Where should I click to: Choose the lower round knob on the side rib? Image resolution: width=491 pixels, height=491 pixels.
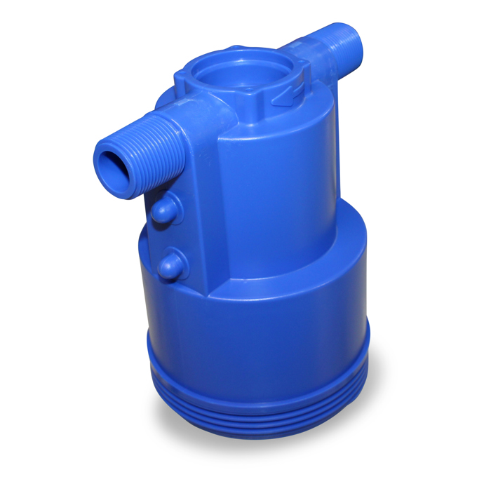tap(170, 264)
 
